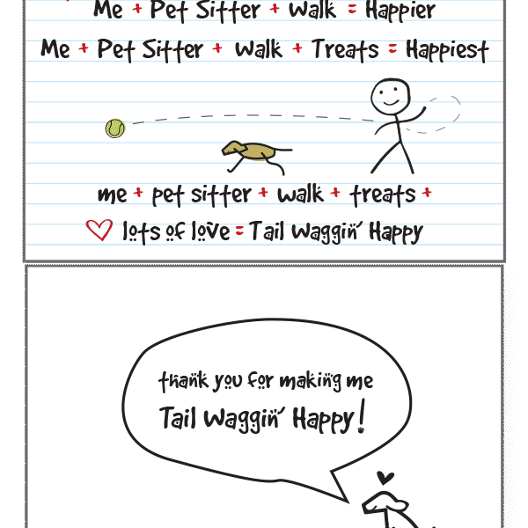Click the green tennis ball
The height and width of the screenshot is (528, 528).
[115, 128]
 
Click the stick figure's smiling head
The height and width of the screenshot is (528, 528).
[391, 96]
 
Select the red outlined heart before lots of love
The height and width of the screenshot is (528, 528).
[99, 230]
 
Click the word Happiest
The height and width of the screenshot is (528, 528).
[447, 50]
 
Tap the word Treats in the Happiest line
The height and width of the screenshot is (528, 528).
[345, 50]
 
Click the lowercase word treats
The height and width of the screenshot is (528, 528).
[383, 195]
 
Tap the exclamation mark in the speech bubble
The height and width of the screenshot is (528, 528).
[362, 416]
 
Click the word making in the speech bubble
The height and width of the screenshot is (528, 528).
[311, 382]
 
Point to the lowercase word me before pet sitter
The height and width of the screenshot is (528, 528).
[112, 195]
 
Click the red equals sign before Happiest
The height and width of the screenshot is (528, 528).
[392, 49]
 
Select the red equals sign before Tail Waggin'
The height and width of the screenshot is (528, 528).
[239, 231]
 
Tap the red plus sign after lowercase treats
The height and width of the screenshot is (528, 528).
[427, 193]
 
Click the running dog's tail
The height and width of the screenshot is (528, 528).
[283, 150]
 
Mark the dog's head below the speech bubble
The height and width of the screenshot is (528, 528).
[385, 503]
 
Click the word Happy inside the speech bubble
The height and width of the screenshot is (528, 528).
[323, 419]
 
